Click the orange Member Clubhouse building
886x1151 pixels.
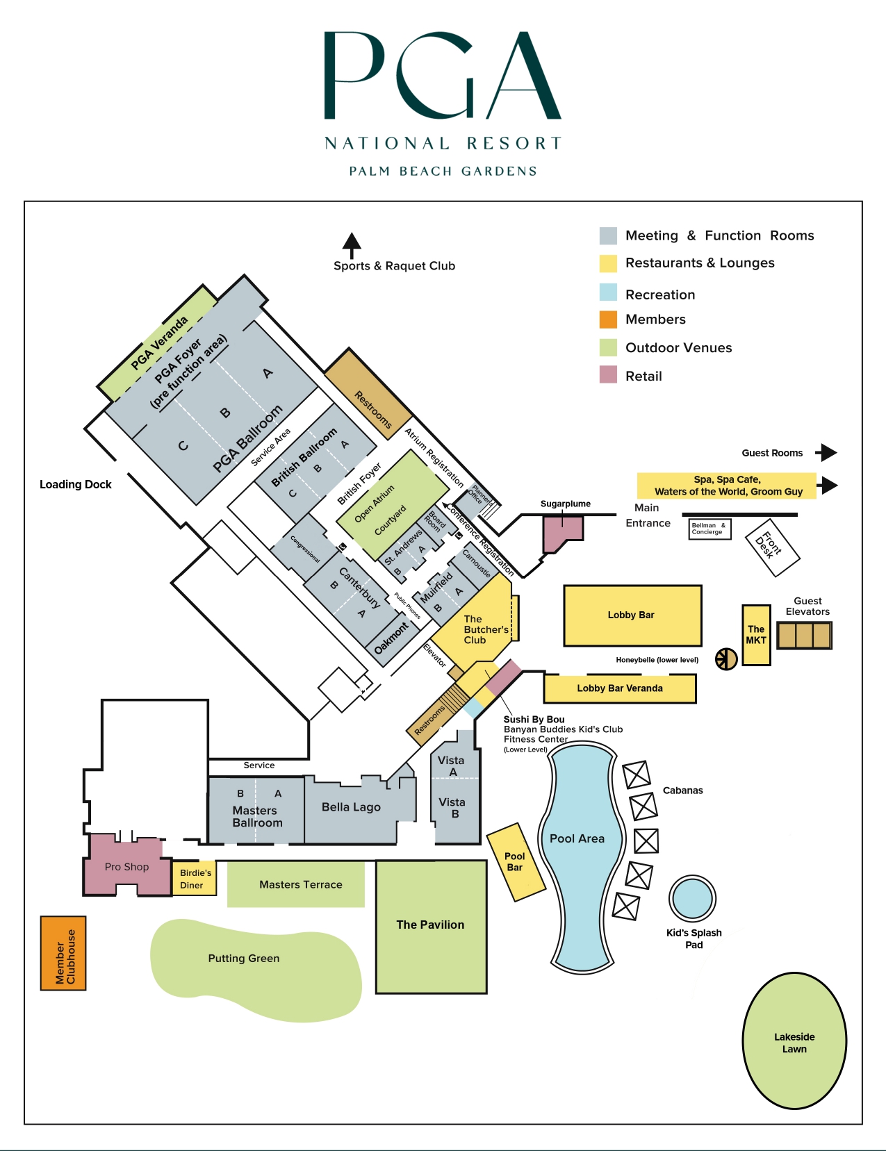coord(63,953)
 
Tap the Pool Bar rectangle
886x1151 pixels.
coord(515,862)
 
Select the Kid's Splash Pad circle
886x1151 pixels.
coord(692,898)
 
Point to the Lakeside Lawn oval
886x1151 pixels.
coord(794,1041)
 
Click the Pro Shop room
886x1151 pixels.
coord(126,866)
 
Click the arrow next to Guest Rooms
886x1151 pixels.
coord(826,453)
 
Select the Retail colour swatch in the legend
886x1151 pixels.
coord(608,375)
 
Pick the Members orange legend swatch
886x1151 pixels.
coord(608,320)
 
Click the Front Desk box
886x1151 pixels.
coord(772,547)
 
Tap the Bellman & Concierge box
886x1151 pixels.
coord(709,529)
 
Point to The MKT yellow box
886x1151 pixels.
coord(756,635)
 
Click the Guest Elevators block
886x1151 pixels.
coord(804,635)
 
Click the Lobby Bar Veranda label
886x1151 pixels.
coord(620,688)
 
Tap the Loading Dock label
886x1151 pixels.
coord(75,484)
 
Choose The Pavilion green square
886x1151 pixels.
coord(431,926)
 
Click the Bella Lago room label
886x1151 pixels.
coord(351,806)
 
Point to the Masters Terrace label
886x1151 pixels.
coord(300,884)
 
